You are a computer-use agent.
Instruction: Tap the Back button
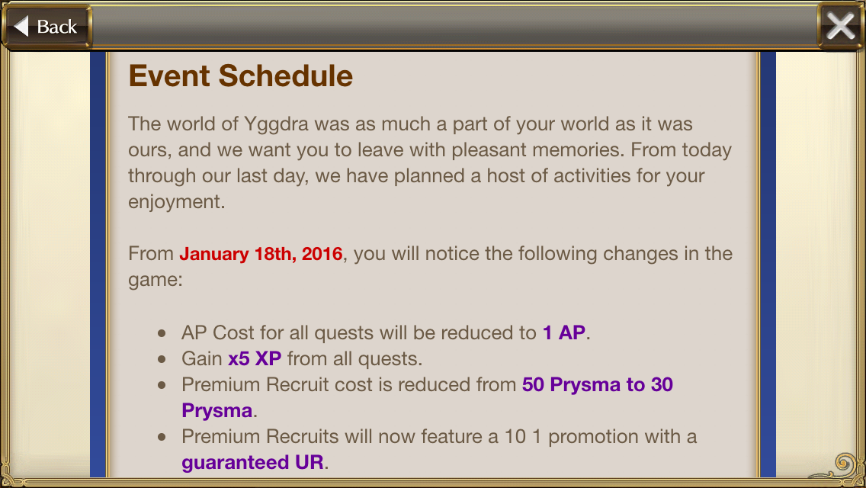tap(47, 26)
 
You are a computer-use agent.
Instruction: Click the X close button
tap(841, 26)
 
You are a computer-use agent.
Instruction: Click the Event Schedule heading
tap(240, 75)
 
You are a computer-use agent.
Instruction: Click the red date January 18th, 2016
tap(261, 254)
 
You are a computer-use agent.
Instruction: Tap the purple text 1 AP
tap(564, 332)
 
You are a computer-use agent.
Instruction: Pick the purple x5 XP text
tap(255, 358)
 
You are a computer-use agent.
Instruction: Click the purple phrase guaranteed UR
tap(252, 463)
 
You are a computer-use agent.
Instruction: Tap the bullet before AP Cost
tap(162, 333)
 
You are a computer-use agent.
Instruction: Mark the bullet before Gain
tap(162, 359)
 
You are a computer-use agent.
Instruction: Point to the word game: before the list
tap(156, 280)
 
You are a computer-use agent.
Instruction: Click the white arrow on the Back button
tap(21, 26)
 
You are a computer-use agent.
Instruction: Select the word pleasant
tap(486, 150)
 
